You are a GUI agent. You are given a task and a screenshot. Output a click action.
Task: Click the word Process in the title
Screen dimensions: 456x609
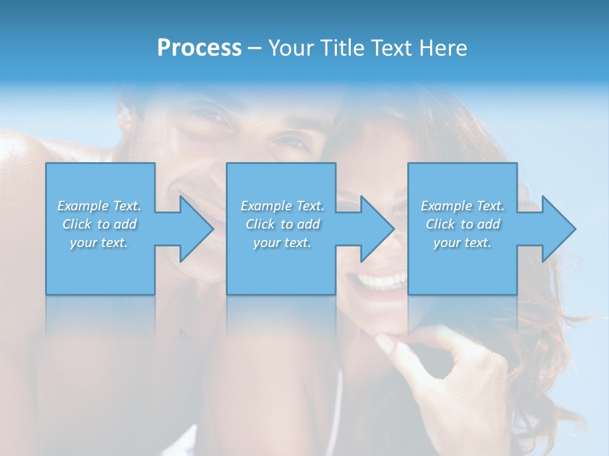click(199, 48)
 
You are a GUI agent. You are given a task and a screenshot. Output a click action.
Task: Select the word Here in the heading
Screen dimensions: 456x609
click(443, 48)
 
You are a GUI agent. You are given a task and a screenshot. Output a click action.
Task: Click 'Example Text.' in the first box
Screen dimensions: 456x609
click(100, 206)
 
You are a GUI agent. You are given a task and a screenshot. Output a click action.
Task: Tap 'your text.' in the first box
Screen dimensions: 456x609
click(100, 243)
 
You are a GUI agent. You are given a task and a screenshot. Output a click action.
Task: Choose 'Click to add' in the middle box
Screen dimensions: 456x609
click(282, 224)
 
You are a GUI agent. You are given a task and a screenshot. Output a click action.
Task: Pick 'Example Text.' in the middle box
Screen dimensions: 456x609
click(282, 206)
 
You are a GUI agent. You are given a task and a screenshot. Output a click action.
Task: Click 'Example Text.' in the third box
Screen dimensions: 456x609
click(462, 206)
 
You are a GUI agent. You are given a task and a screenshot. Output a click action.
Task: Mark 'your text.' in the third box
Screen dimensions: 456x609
click(462, 243)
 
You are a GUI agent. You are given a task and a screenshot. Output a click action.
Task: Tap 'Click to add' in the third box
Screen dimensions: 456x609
click(462, 224)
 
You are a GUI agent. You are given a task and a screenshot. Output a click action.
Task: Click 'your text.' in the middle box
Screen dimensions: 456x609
click(282, 243)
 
